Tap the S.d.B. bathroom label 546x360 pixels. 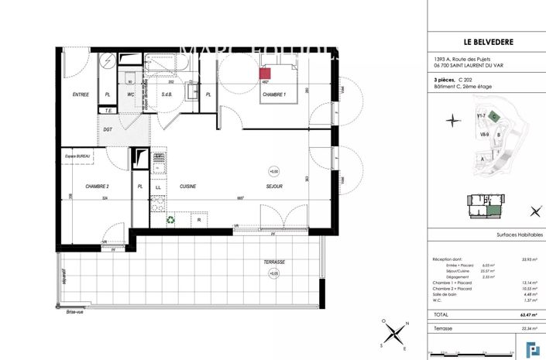tap(166, 94)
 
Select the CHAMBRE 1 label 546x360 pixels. tap(274, 94)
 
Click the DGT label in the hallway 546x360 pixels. tap(108, 129)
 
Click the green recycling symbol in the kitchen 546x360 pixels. tap(170, 219)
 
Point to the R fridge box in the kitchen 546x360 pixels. tap(199, 220)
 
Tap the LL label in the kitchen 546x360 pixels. tap(158, 187)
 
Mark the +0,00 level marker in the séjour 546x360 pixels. tap(273, 171)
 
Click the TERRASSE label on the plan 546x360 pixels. tap(273, 262)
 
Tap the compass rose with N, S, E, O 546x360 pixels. tap(396, 334)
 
